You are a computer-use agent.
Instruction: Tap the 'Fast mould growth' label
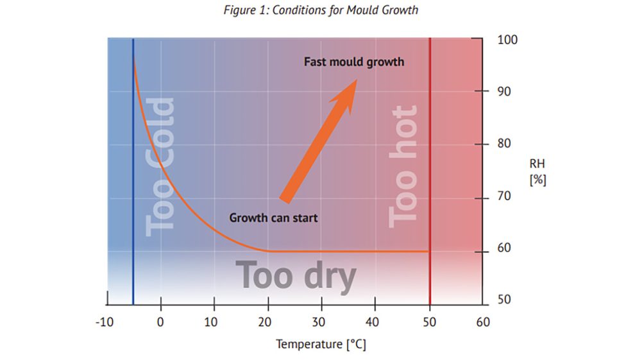(x=354, y=62)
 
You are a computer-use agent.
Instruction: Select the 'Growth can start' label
(x=273, y=218)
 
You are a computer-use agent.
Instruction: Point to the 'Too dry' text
(x=296, y=275)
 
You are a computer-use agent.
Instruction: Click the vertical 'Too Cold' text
(x=160, y=167)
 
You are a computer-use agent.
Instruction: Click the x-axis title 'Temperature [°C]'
(x=321, y=345)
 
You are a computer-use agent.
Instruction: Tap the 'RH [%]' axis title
(x=537, y=173)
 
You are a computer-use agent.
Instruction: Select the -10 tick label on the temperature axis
(x=104, y=321)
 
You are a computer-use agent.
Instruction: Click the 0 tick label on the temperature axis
(x=160, y=321)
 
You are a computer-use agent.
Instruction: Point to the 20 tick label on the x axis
(x=268, y=321)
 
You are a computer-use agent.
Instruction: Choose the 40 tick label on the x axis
(x=375, y=321)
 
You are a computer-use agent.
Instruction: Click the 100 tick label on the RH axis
(x=507, y=40)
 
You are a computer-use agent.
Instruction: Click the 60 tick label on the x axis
(x=482, y=321)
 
